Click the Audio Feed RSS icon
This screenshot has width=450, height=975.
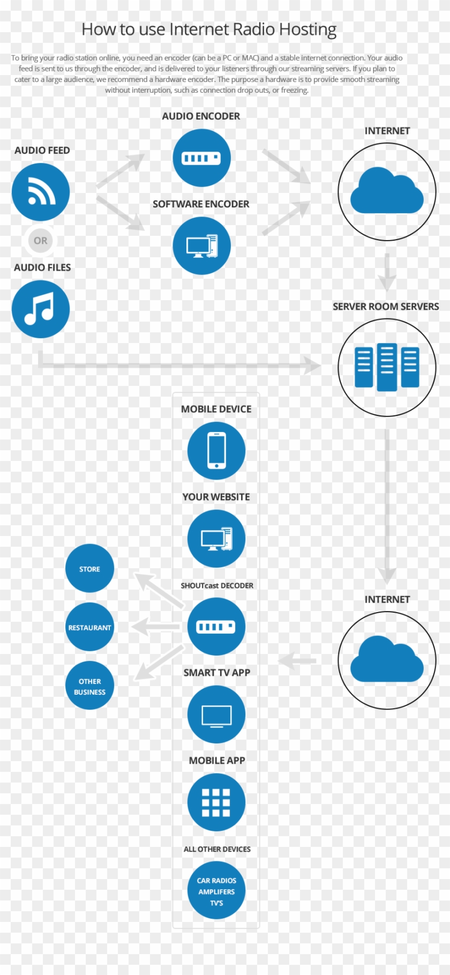[41, 192]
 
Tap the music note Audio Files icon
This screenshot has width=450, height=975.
[41, 309]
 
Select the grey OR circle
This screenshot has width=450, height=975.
[41, 241]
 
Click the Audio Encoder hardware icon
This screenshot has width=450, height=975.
[201, 158]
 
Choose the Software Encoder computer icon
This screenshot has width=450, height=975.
[201, 246]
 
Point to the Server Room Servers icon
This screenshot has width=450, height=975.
[387, 368]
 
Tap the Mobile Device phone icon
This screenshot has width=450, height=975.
[216, 451]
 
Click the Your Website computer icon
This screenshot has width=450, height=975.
[216, 539]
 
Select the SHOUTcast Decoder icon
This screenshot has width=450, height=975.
[216, 627]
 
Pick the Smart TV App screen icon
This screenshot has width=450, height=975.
[216, 714]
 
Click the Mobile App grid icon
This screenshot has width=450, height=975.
[216, 802]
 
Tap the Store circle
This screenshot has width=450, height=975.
[89, 569]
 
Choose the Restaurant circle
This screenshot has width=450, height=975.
[89, 627]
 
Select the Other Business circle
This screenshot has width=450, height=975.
[89, 686]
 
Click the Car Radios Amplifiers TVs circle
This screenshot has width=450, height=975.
[216, 891]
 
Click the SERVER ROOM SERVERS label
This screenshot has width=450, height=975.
[386, 307]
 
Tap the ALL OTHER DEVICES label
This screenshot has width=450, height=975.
[217, 849]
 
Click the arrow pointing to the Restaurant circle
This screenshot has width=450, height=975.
[155, 626]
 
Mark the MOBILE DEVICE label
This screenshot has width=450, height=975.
[216, 409]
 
